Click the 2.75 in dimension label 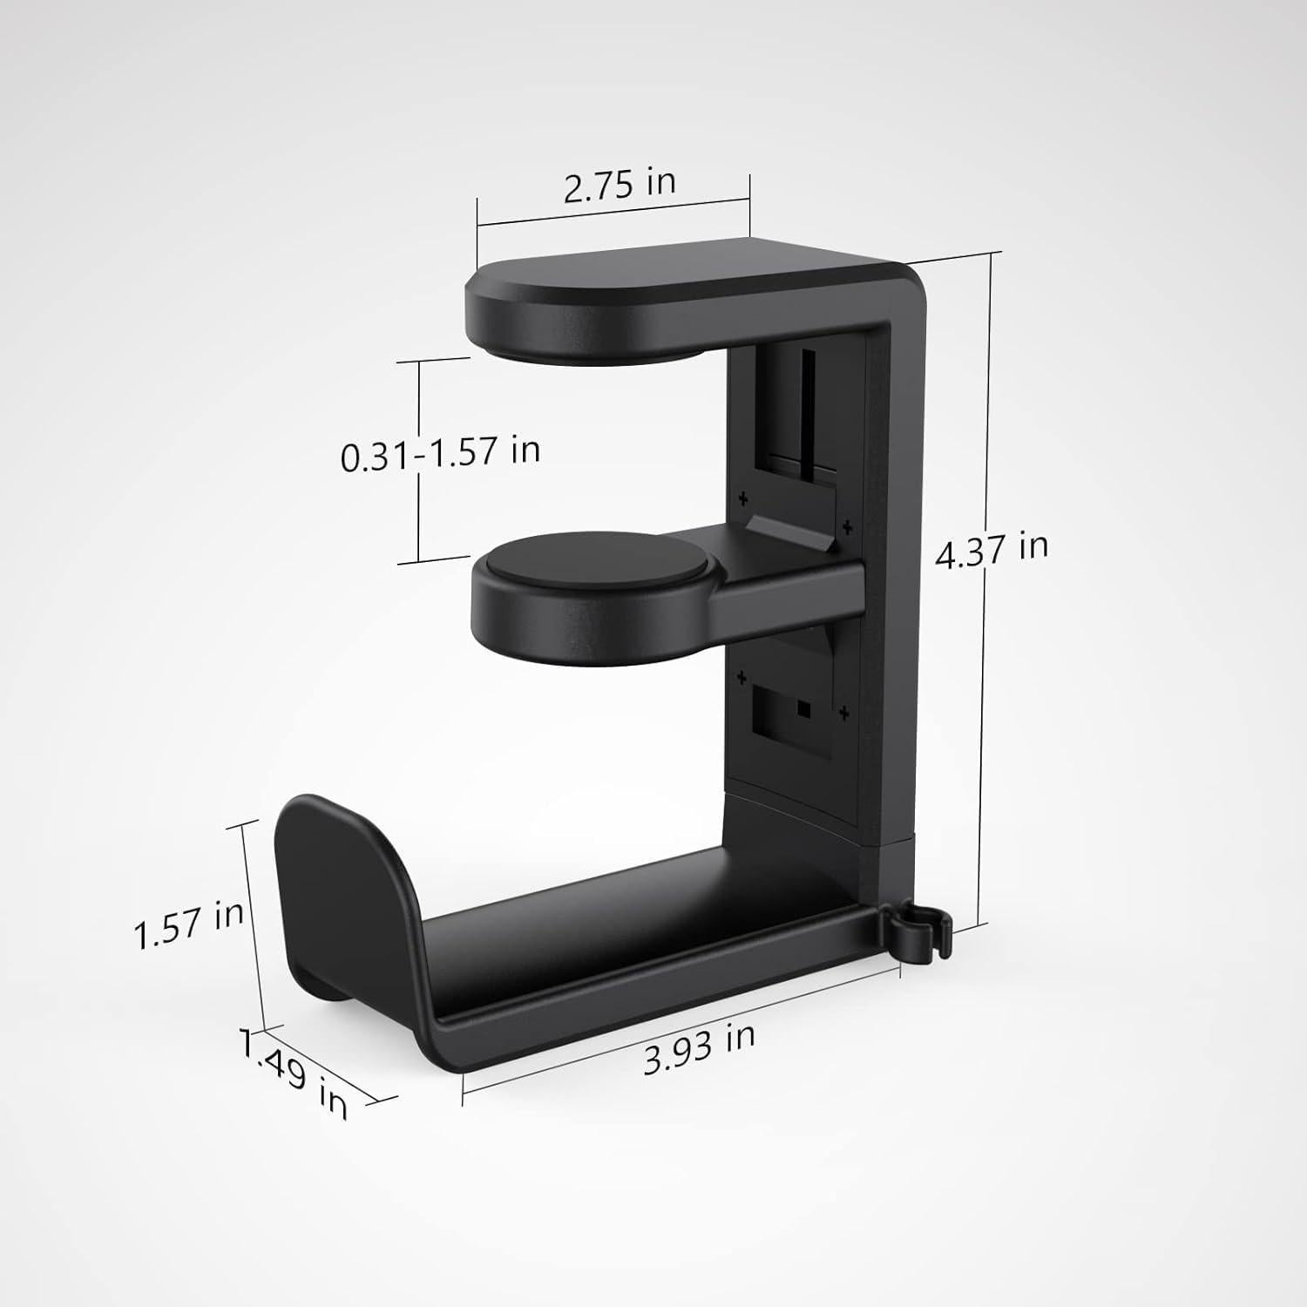coord(620,186)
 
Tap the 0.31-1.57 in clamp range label coord(440,453)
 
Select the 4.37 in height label coord(992,549)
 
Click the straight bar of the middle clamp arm coord(784,593)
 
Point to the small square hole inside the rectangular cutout coord(803,709)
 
